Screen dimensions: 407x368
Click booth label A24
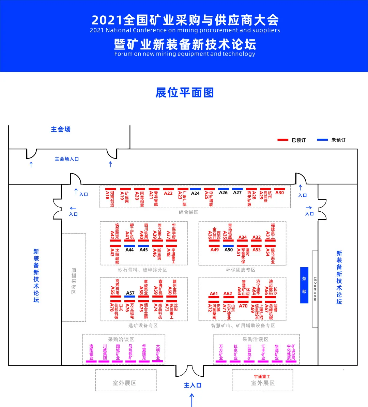pyautogui.click(x=195, y=193)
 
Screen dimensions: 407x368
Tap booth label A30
pyautogui.click(x=279, y=193)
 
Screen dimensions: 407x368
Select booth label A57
pyautogui.click(x=130, y=293)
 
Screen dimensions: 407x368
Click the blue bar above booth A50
pyautogui.click(x=228, y=245)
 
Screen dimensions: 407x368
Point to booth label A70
pyautogui.click(x=243, y=306)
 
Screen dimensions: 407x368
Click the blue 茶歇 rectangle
pyautogui.click(x=304, y=285)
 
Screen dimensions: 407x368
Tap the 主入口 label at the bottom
pyautogui.click(x=193, y=385)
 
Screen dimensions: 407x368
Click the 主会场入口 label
pyautogui.click(x=67, y=159)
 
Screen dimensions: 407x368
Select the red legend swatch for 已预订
pyautogui.click(x=283, y=140)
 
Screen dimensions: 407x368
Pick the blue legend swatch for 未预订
pyautogui.click(x=322, y=140)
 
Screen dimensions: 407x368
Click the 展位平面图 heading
pyautogui.click(x=185, y=93)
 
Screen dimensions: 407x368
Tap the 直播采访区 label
pyautogui.click(x=74, y=281)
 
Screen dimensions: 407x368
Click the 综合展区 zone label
pyautogui.click(x=188, y=212)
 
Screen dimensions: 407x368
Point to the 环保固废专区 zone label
pyautogui.click(x=241, y=270)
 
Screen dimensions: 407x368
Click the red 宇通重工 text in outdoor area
pyautogui.click(x=262, y=377)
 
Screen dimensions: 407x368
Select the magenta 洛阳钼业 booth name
pyautogui.click(x=91, y=352)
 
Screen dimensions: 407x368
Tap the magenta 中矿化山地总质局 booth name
pyautogui.click(x=291, y=352)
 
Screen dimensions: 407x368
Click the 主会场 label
pyautogui.click(x=61, y=130)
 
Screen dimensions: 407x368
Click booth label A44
pyautogui.click(x=129, y=250)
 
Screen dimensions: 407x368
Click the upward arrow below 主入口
pyautogui.click(x=192, y=400)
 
